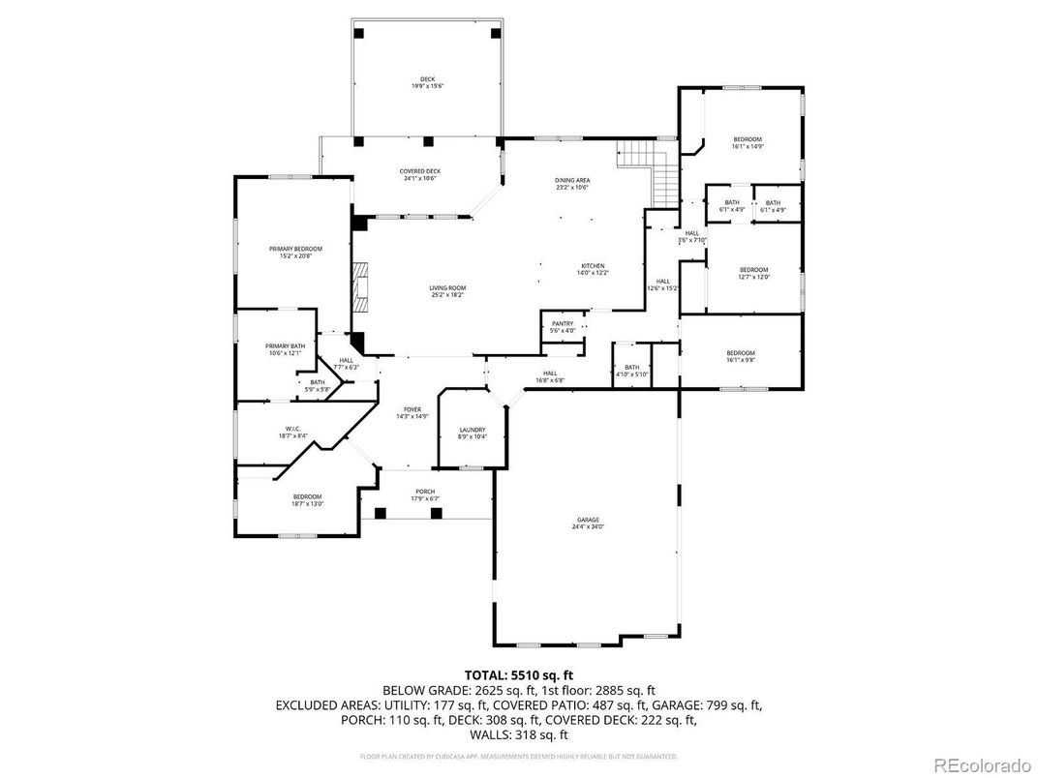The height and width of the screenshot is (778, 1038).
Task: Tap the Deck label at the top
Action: click(x=427, y=82)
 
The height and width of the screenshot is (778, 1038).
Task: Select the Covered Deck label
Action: click(x=420, y=174)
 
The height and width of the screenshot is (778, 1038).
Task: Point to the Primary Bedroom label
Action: click(x=295, y=253)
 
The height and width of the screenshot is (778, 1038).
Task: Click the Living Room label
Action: click(x=448, y=290)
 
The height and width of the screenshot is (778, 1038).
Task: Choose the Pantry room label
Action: click(x=563, y=327)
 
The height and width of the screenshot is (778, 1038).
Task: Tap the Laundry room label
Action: click(x=472, y=433)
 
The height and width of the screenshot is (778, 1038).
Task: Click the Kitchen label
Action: click(x=593, y=269)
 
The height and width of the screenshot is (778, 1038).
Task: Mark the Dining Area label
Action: click(x=572, y=184)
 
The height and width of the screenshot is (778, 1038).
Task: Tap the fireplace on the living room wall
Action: click(x=360, y=287)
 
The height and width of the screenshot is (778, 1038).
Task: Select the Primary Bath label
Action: click(x=285, y=349)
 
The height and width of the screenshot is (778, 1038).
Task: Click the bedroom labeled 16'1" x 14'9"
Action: click(x=748, y=142)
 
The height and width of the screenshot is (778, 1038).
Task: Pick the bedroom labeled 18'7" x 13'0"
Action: click(x=307, y=499)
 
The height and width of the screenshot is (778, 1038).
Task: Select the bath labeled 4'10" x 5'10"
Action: click(x=631, y=371)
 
